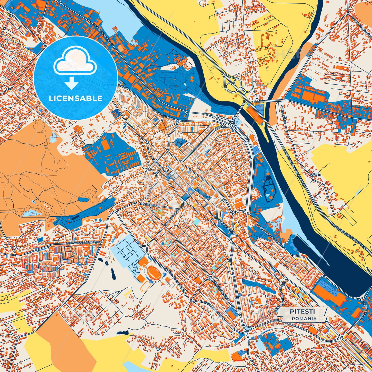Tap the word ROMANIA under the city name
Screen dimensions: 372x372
[x=304, y=318]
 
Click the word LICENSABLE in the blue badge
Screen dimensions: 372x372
[x=76, y=98]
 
